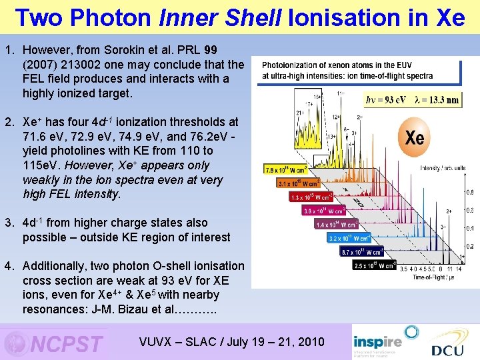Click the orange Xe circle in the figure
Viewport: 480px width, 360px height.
(414, 138)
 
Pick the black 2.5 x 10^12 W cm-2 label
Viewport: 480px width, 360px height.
(375, 265)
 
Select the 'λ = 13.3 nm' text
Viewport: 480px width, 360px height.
(436, 100)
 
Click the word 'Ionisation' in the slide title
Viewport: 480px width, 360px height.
(339, 17)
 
